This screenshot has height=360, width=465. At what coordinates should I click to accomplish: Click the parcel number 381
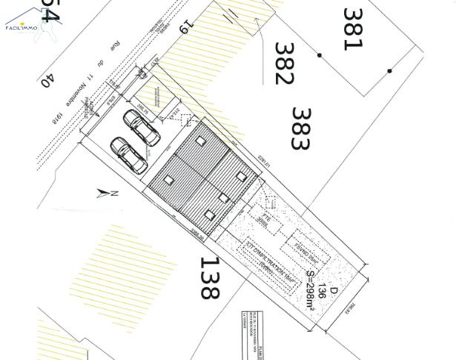click(352, 29)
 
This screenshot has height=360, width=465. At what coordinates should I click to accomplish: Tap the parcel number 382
click(284, 64)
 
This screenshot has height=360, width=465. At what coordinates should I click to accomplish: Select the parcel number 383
click(300, 129)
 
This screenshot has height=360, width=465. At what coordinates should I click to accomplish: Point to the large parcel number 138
click(210, 278)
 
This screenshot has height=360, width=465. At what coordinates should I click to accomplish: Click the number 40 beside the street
click(47, 79)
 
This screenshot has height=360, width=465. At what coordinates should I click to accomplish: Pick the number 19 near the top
click(185, 27)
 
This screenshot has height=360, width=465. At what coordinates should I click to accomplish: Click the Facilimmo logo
click(22, 21)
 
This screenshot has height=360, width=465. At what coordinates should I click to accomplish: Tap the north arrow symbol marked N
click(107, 194)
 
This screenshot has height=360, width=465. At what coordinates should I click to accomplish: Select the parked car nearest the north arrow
click(129, 155)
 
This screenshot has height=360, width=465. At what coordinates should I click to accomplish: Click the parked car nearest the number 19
click(142, 128)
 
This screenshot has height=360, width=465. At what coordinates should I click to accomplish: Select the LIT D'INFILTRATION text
click(260, 261)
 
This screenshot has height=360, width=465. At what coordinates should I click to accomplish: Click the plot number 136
click(322, 289)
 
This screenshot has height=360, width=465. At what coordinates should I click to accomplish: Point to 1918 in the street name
click(56, 117)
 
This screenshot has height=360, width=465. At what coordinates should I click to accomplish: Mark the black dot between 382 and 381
click(320, 55)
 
